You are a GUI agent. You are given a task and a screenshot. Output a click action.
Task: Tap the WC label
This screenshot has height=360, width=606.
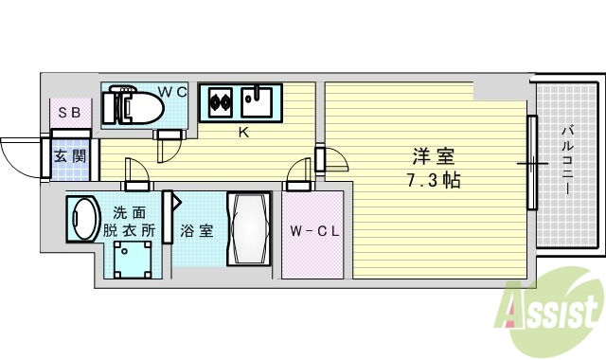pos(171,91)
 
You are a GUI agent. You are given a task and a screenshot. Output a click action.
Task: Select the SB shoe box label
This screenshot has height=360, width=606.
pos(69,114)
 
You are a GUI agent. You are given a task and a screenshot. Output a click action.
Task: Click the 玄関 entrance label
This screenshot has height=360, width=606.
pos(69,155)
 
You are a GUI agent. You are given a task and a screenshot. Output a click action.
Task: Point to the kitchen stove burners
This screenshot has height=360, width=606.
pos(221,99)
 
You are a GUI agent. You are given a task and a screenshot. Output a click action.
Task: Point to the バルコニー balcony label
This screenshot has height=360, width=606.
pos(565,160)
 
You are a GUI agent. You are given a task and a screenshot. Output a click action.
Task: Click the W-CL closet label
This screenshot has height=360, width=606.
pos(312,230)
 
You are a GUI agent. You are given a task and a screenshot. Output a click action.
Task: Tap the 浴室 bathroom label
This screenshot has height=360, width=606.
pos(198,230)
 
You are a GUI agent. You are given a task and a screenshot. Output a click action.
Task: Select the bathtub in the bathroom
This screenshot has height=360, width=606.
pos(250,231)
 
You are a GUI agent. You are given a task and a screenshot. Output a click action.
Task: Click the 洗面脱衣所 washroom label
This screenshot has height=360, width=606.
pos(131,221)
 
